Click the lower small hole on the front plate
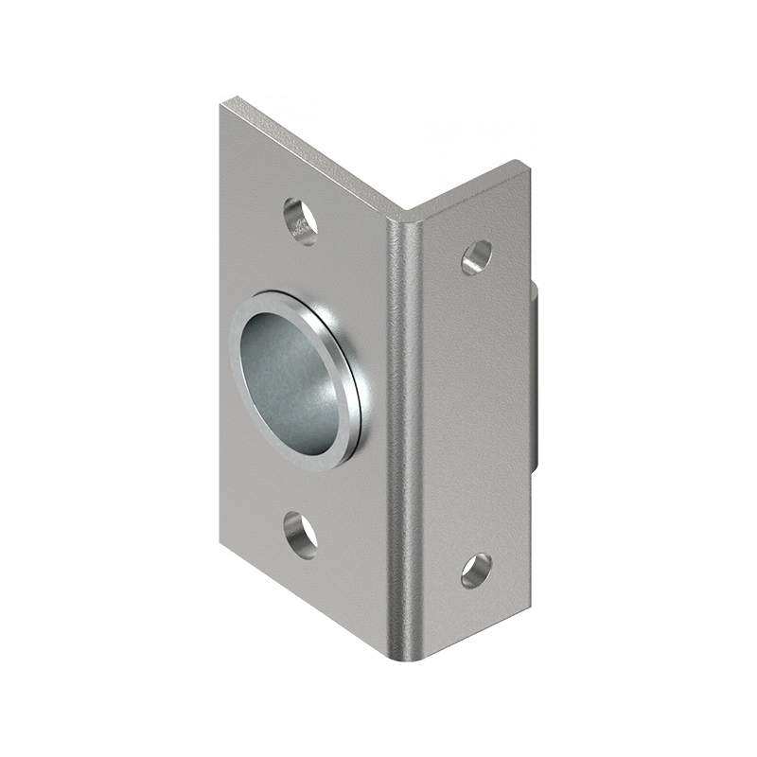point(301,534)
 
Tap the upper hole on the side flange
point(476,256)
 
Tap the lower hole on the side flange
point(476,570)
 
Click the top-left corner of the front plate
point(222,101)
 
